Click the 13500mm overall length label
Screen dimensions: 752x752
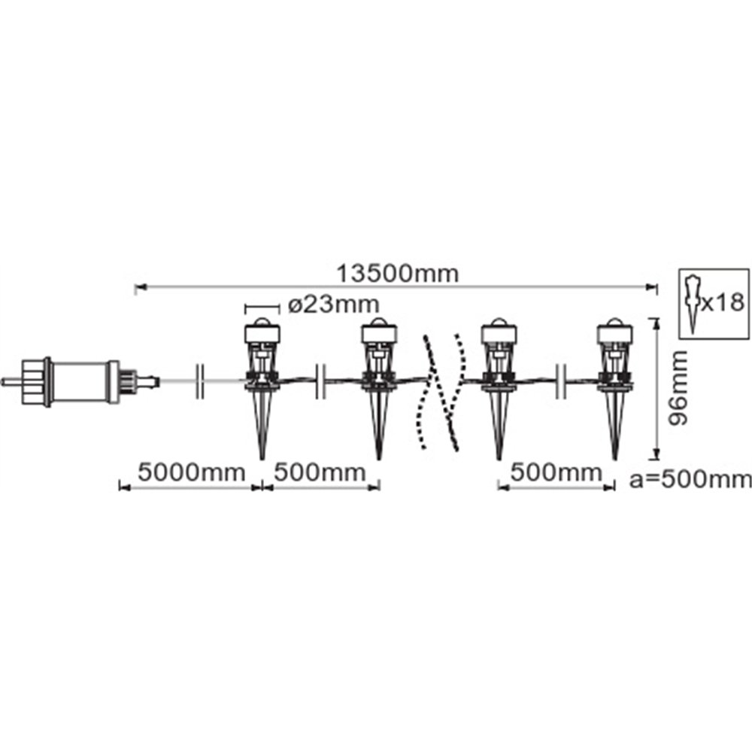coord(397,274)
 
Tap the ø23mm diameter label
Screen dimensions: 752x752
coord(334,304)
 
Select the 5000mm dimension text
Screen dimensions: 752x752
coord(191,472)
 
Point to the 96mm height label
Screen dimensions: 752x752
coord(678,388)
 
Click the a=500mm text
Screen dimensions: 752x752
coord(690,480)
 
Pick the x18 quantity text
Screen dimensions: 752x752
coord(722,302)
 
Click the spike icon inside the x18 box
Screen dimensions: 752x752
coord(692,304)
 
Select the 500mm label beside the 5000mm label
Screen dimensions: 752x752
coord(320,472)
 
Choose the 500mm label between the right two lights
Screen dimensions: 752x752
coord(556,472)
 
